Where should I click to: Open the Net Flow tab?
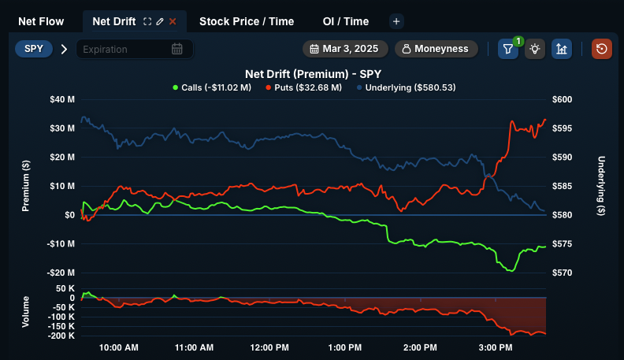tap(41, 21)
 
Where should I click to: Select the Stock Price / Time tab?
tap(247, 21)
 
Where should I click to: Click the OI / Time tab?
tap(345, 21)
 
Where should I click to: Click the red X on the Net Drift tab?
tap(173, 21)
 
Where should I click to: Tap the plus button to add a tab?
tap(396, 21)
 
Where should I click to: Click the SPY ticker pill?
tap(34, 49)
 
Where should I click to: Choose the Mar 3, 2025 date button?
tap(344, 49)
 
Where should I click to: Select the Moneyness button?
tap(436, 49)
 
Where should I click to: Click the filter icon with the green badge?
tap(508, 49)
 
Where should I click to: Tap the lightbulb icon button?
tap(535, 49)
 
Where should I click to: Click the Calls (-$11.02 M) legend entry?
tap(212, 87)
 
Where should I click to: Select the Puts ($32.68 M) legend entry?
tap(303, 87)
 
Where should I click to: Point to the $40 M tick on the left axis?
tap(62, 99)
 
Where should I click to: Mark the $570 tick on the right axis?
tap(561, 273)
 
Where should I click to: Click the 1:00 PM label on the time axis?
tap(344, 347)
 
